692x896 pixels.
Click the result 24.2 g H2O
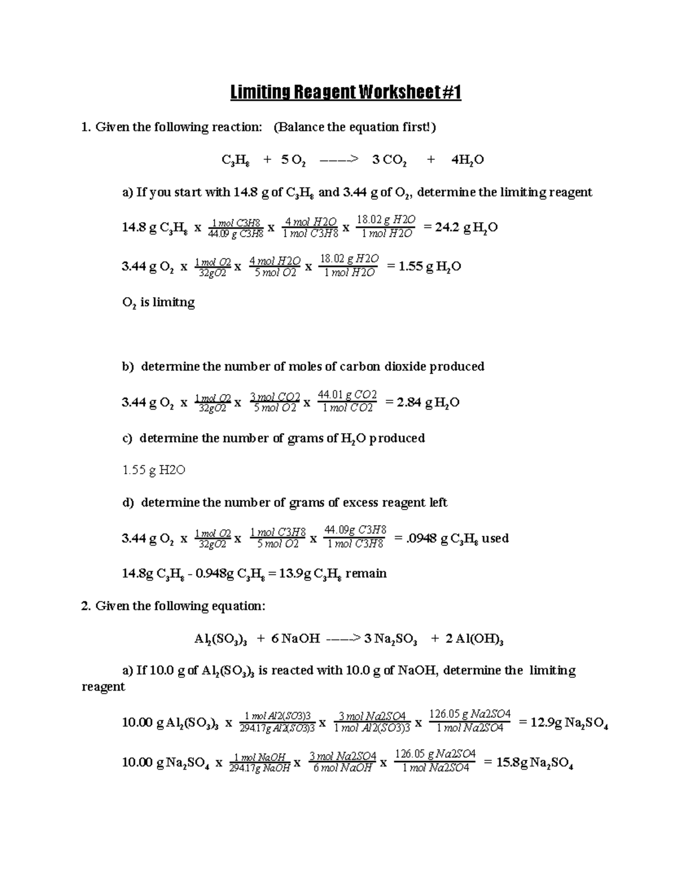tap(460, 228)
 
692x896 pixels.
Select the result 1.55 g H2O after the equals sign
tap(423, 267)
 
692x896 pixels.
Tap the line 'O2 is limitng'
tap(159, 302)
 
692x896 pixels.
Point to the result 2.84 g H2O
tap(422, 403)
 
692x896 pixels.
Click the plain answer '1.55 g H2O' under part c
tap(153, 470)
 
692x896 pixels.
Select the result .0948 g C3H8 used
tap(451, 539)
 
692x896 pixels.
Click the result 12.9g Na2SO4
tap(563, 723)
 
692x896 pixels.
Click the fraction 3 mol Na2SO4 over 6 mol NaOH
tap(343, 762)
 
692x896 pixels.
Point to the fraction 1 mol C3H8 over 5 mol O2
tap(277, 538)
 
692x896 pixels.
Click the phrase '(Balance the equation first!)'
tap(355, 127)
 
